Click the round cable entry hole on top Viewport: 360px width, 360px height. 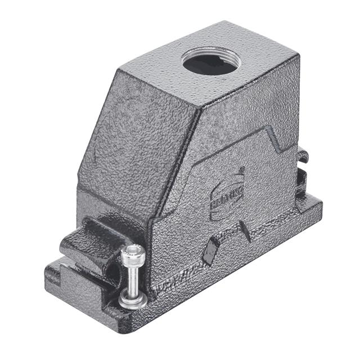click(x=210, y=62)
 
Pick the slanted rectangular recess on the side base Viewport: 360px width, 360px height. click(x=210, y=250)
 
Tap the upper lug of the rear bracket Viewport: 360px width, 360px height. click(x=302, y=155)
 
